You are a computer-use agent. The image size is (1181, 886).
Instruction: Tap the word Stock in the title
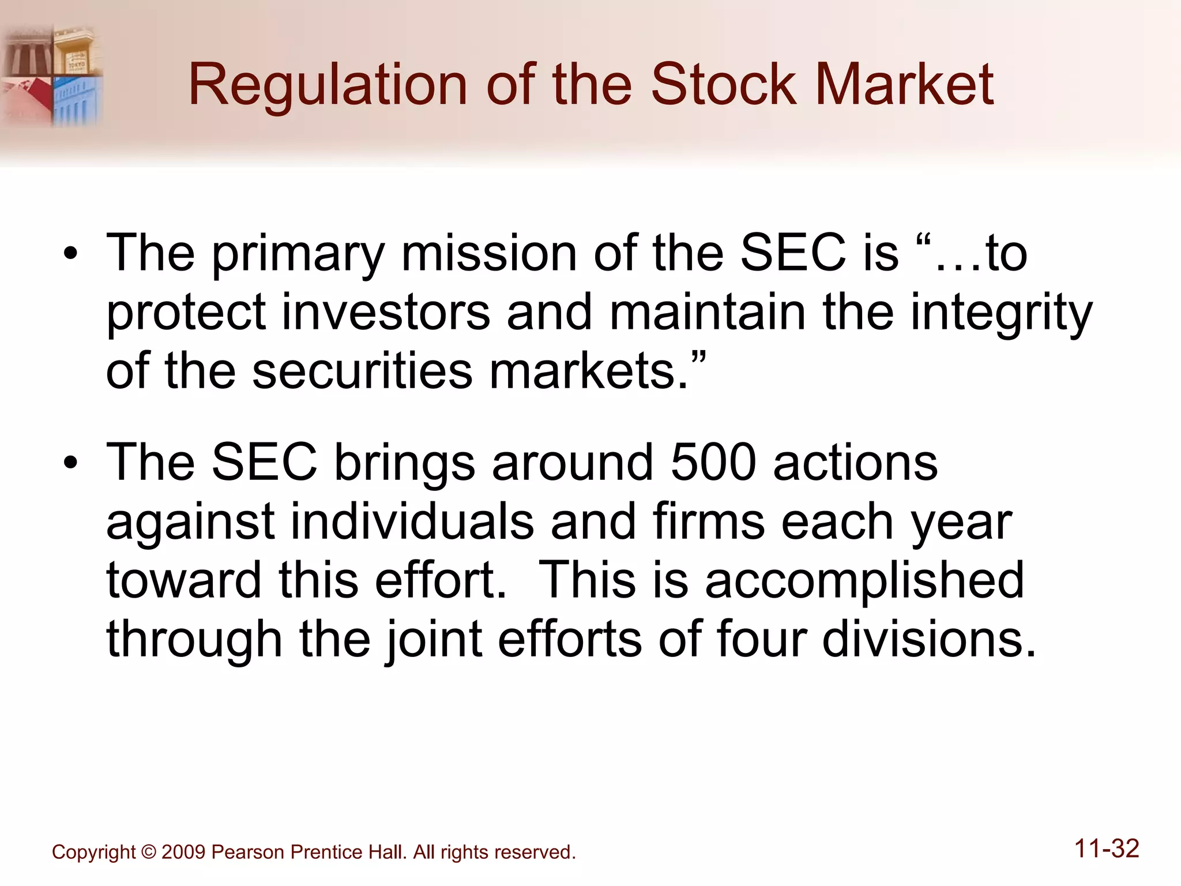click(x=723, y=85)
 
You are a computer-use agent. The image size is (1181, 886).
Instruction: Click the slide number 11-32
click(x=1107, y=849)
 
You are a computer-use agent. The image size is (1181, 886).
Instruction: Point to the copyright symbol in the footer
click(x=149, y=852)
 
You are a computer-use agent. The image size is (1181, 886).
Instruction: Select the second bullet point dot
click(x=70, y=463)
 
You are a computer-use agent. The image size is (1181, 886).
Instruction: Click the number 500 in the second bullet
click(x=713, y=463)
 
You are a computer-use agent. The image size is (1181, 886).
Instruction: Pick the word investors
click(x=386, y=312)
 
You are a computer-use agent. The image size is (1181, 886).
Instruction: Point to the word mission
click(x=489, y=253)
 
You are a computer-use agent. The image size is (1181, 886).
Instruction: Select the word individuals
click(x=412, y=521)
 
